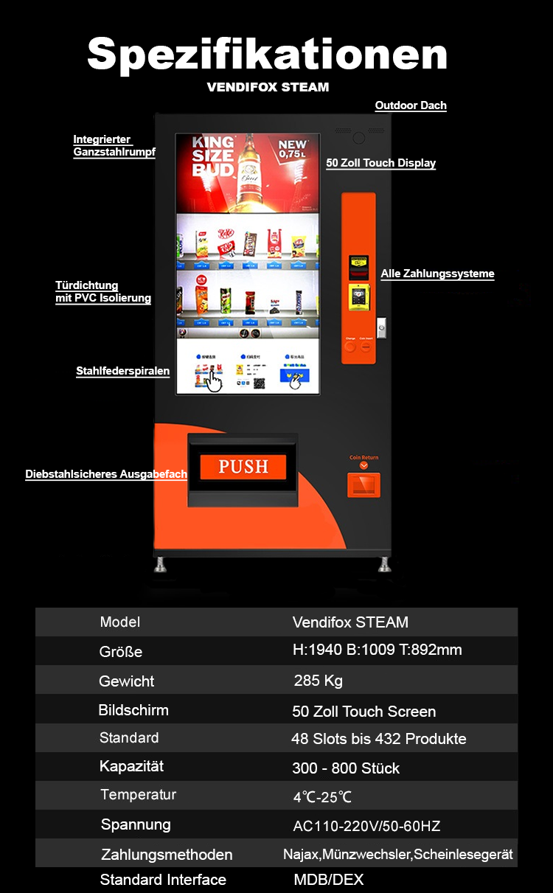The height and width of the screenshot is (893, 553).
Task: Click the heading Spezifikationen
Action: (x=268, y=55)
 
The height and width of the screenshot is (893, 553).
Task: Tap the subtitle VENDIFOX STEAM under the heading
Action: (x=268, y=87)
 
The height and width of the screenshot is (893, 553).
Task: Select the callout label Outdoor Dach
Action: (x=411, y=105)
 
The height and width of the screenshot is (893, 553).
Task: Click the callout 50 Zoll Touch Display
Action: (x=380, y=163)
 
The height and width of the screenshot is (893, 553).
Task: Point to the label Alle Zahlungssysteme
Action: (x=437, y=274)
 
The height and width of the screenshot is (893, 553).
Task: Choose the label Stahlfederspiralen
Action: (x=122, y=371)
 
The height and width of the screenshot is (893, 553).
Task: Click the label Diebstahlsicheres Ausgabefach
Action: (x=106, y=474)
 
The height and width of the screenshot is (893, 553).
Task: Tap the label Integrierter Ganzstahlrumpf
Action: (x=113, y=146)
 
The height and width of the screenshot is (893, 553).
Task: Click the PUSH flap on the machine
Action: (x=243, y=466)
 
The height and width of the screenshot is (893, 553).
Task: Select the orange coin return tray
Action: (x=364, y=484)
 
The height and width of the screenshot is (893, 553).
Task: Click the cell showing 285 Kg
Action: (x=318, y=680)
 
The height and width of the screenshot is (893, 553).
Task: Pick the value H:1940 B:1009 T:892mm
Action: (x=377, y=650)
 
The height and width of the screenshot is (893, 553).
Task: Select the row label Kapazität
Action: (x=131, y=766)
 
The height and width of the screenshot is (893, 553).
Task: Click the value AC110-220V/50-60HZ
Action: (x=366, y=826)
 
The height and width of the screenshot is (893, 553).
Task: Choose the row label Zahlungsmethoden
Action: (x=167, y=855)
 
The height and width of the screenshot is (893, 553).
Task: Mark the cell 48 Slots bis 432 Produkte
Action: (x=378, y=738)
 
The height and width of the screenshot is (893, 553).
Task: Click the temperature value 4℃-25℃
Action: (x=322, y=797)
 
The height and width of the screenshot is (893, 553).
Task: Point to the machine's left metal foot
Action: (x=160, y=565)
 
